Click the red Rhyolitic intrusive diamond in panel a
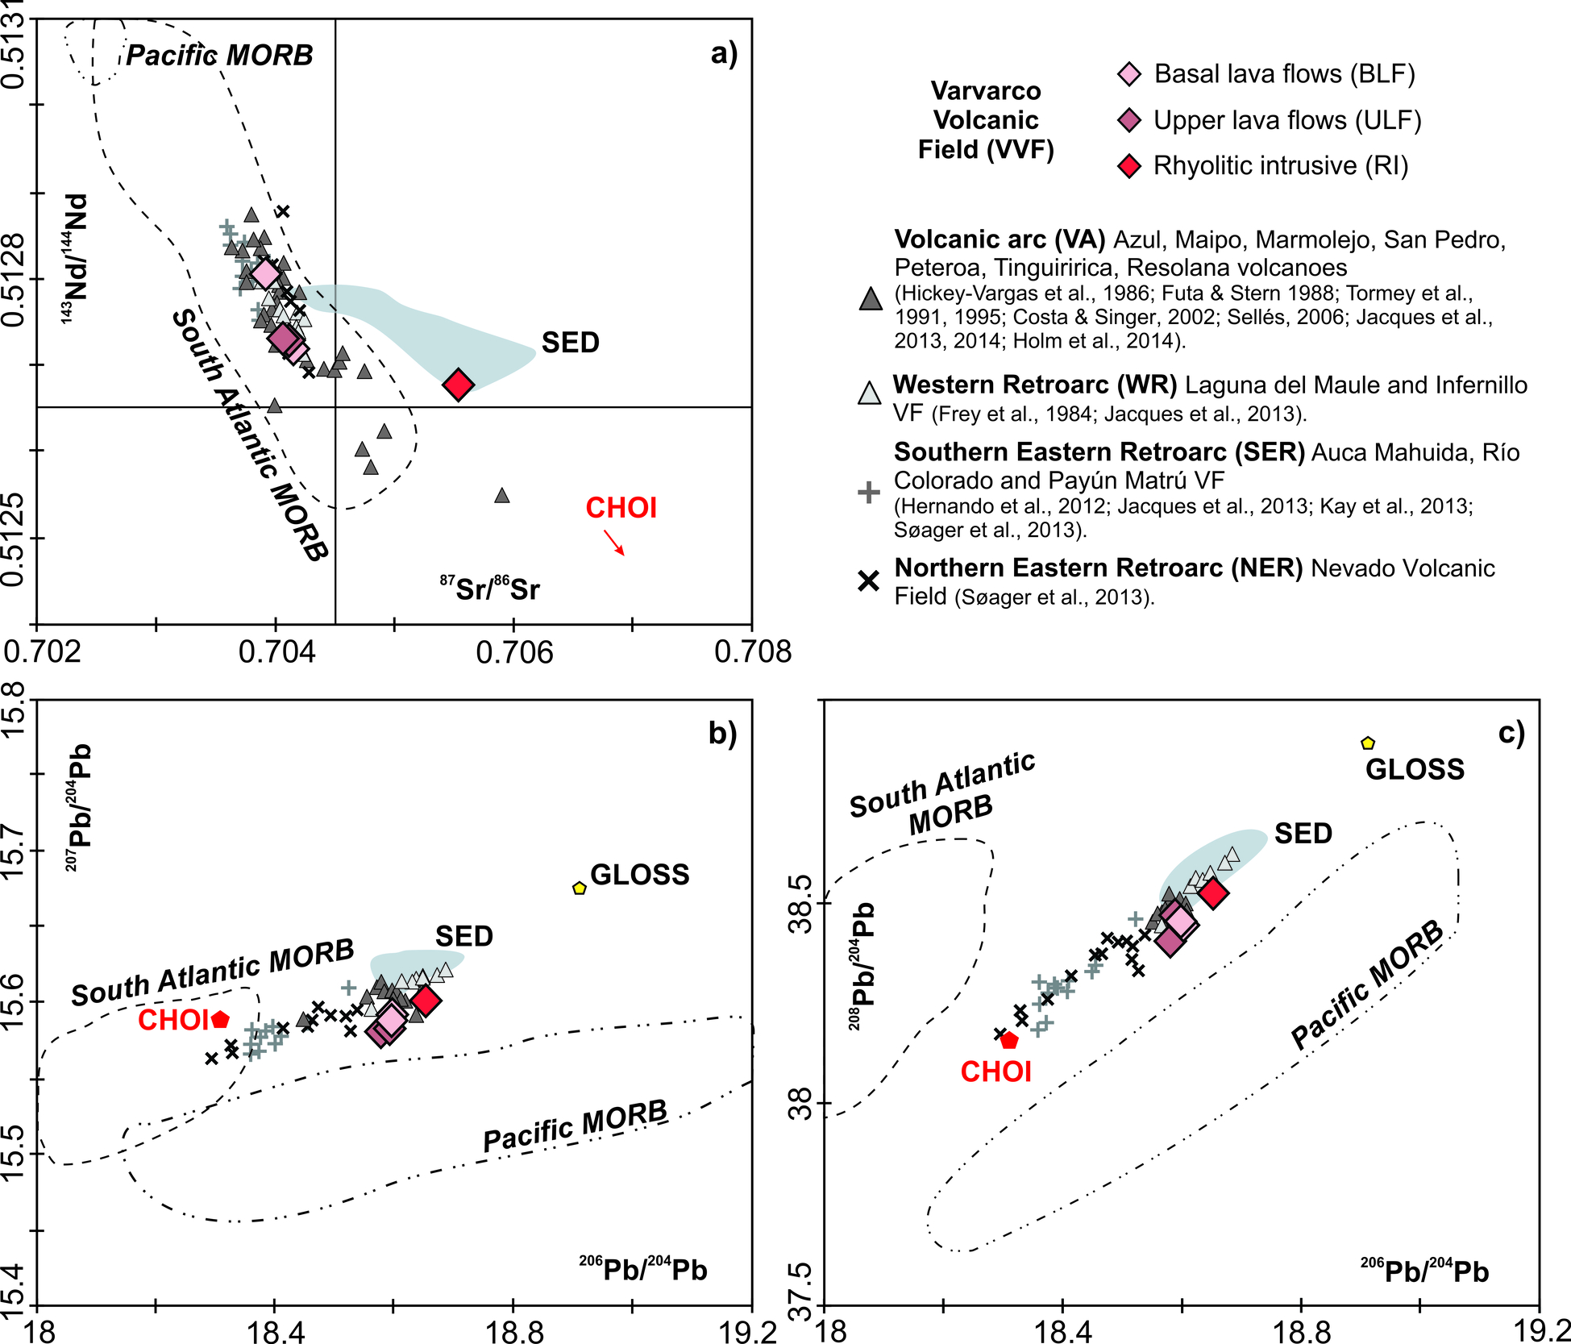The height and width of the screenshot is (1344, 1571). (459, 385)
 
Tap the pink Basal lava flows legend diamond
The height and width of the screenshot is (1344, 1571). (1130, 74)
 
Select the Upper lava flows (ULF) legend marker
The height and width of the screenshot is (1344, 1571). (1130, 121)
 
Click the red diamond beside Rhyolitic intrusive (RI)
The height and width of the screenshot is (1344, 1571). (1130, 166)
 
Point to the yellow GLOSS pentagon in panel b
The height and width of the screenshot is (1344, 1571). (579, 888)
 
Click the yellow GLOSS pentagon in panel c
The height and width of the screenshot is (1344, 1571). (1367, 743)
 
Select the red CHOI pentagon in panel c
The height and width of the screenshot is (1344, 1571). (1009, 1040)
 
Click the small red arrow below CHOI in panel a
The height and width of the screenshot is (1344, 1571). (615, 543)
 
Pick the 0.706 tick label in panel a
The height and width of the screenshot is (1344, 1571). (514, 651)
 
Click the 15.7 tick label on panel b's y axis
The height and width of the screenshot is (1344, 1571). (18, 850)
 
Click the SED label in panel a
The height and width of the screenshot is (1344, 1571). (570, 343)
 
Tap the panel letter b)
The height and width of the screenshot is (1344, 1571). (722, 733)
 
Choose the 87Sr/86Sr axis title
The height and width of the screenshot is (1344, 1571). (489, 588)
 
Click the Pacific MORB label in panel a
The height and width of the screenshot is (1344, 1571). (219, 55)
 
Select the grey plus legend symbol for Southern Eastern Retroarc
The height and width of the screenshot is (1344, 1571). (868, 492)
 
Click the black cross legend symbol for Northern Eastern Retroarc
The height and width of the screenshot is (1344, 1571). (868, 580)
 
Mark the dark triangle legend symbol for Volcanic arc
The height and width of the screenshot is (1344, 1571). (871, 298)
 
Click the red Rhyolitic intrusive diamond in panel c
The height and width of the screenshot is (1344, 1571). (1212, 893)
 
